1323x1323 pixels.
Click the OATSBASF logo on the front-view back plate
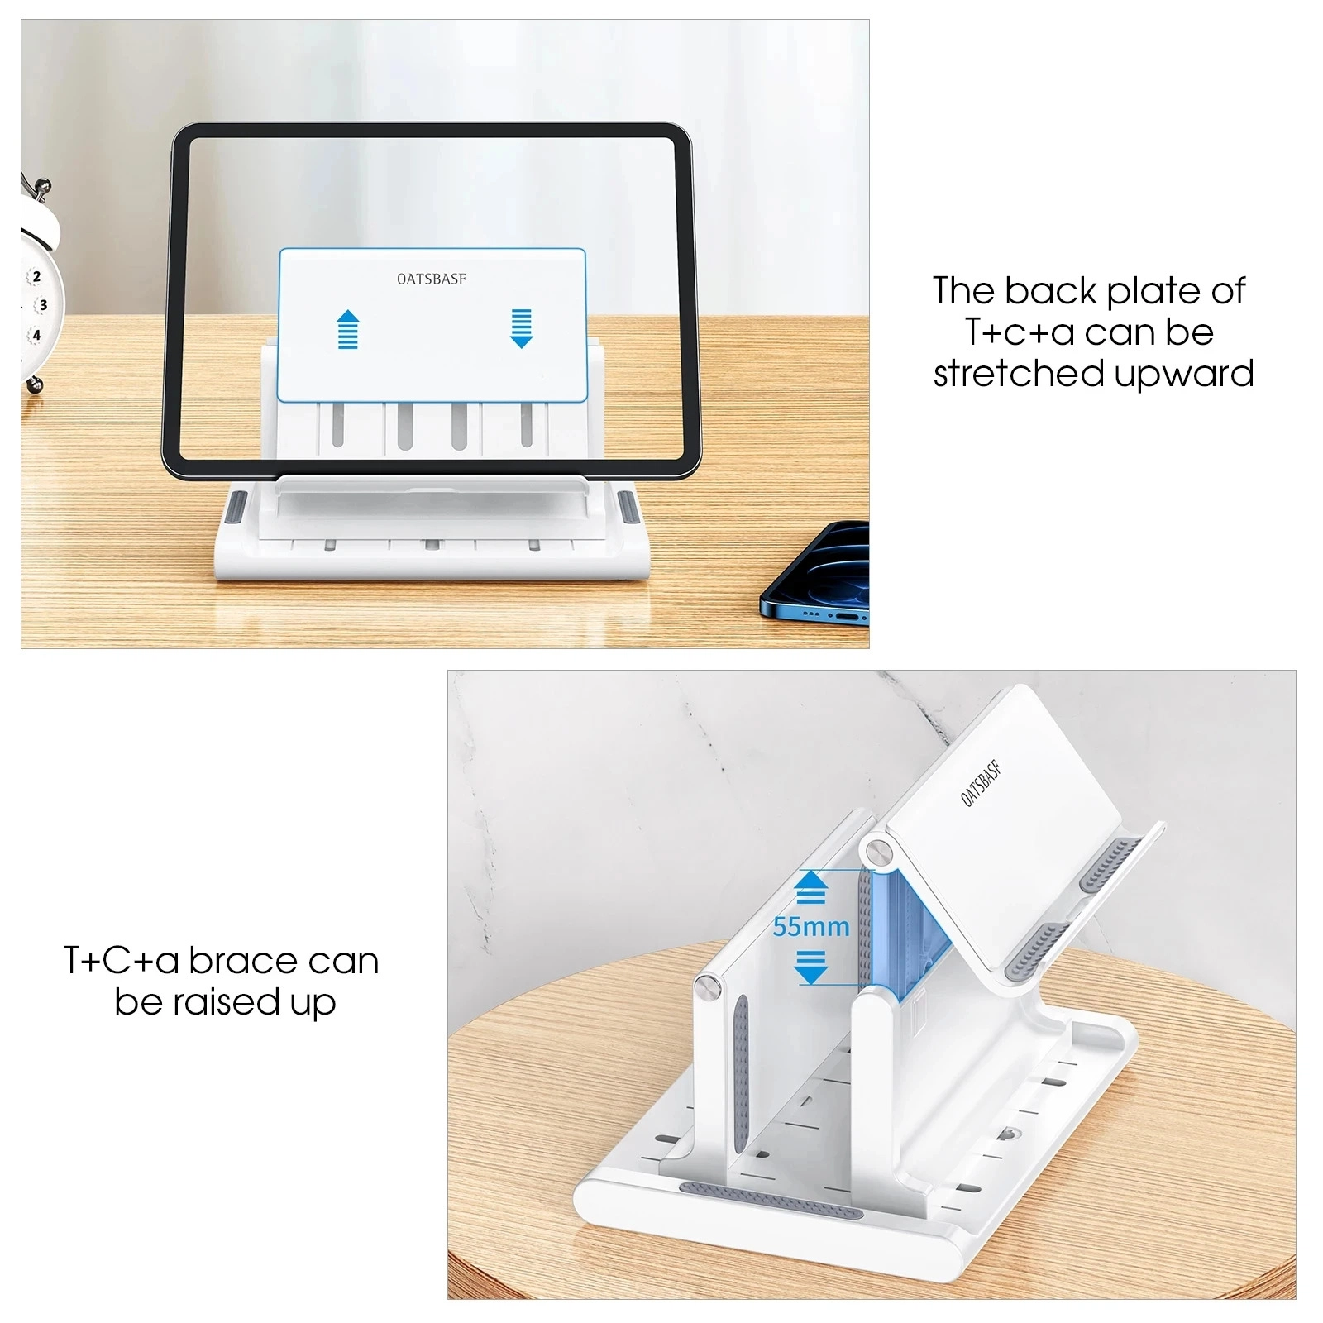(432, 279)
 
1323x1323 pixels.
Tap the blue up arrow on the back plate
(348, 329)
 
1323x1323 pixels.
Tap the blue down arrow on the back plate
(521, 328)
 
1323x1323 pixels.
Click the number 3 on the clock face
(43, 305)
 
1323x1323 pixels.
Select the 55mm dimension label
(811, 927)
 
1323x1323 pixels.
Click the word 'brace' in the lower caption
(242, 961)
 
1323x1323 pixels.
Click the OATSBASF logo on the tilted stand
(982, 782)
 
